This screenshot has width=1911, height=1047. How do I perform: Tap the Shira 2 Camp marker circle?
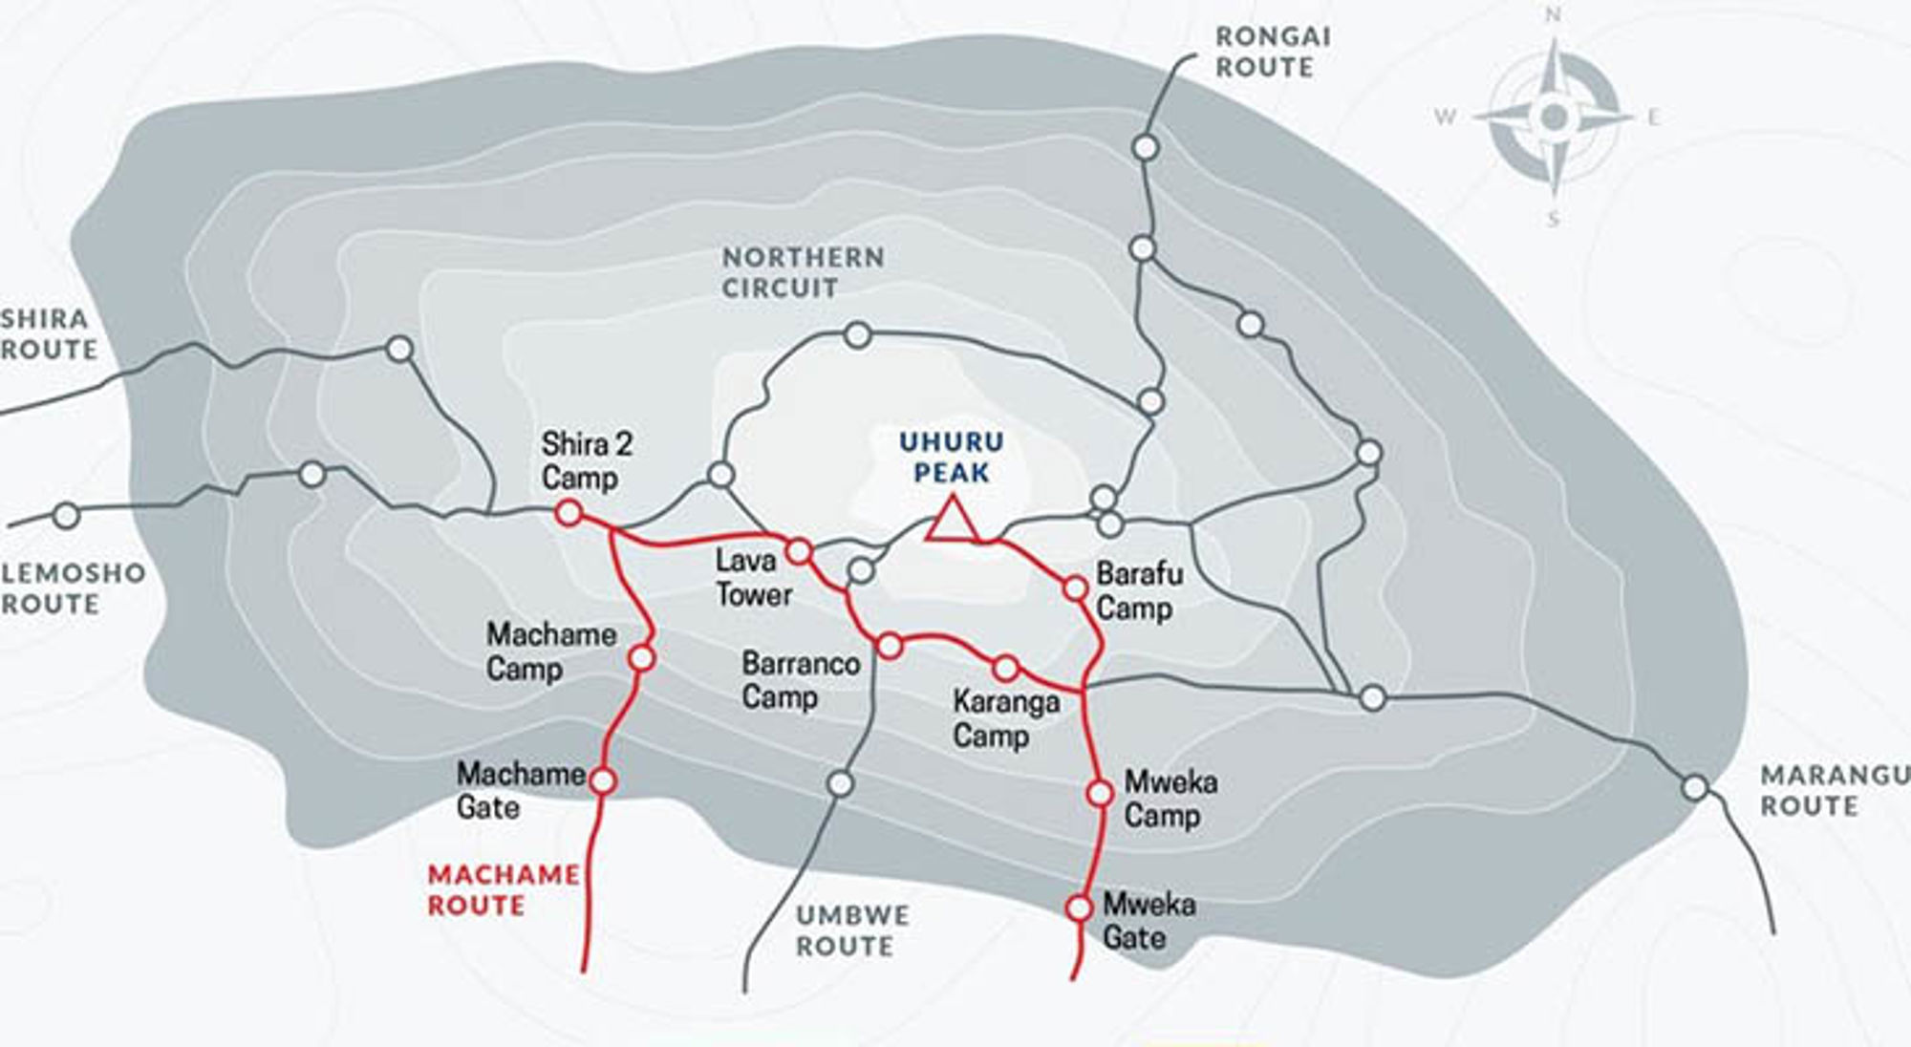click(x=569, y=513)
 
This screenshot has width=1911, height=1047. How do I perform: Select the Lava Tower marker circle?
click(x=799, y=551)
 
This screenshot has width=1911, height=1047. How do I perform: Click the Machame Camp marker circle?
click(x=642, y=658)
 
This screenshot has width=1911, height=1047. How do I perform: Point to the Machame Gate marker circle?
click(x=604, y=781)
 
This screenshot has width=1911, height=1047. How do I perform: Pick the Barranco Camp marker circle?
click(x=890, y=647)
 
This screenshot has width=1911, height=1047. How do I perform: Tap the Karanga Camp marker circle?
click(x=1005, y=668)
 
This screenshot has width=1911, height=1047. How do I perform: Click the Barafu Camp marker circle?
click(x=1076, y=588)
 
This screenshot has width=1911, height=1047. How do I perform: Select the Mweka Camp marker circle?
click(x=1100, y=793)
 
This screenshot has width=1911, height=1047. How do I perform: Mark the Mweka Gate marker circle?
click(x=1080, y=908)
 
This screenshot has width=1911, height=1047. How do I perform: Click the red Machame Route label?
click(x=503, y=889)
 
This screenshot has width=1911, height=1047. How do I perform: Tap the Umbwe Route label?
click(x=852, y=930)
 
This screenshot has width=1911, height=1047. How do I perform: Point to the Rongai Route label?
click(x=1272, y=52)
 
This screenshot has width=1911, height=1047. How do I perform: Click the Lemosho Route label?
click(x=73, y=588)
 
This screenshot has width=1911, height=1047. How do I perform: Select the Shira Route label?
click(x=48, y=333)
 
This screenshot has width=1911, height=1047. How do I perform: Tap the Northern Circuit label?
click(x=803, y=272)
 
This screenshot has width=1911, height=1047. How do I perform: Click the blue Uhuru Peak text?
click(x=952, y=457)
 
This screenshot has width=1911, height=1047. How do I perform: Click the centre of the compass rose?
click(x=1554, y=117)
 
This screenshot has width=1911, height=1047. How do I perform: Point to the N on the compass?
click(x=1554, y=15)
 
